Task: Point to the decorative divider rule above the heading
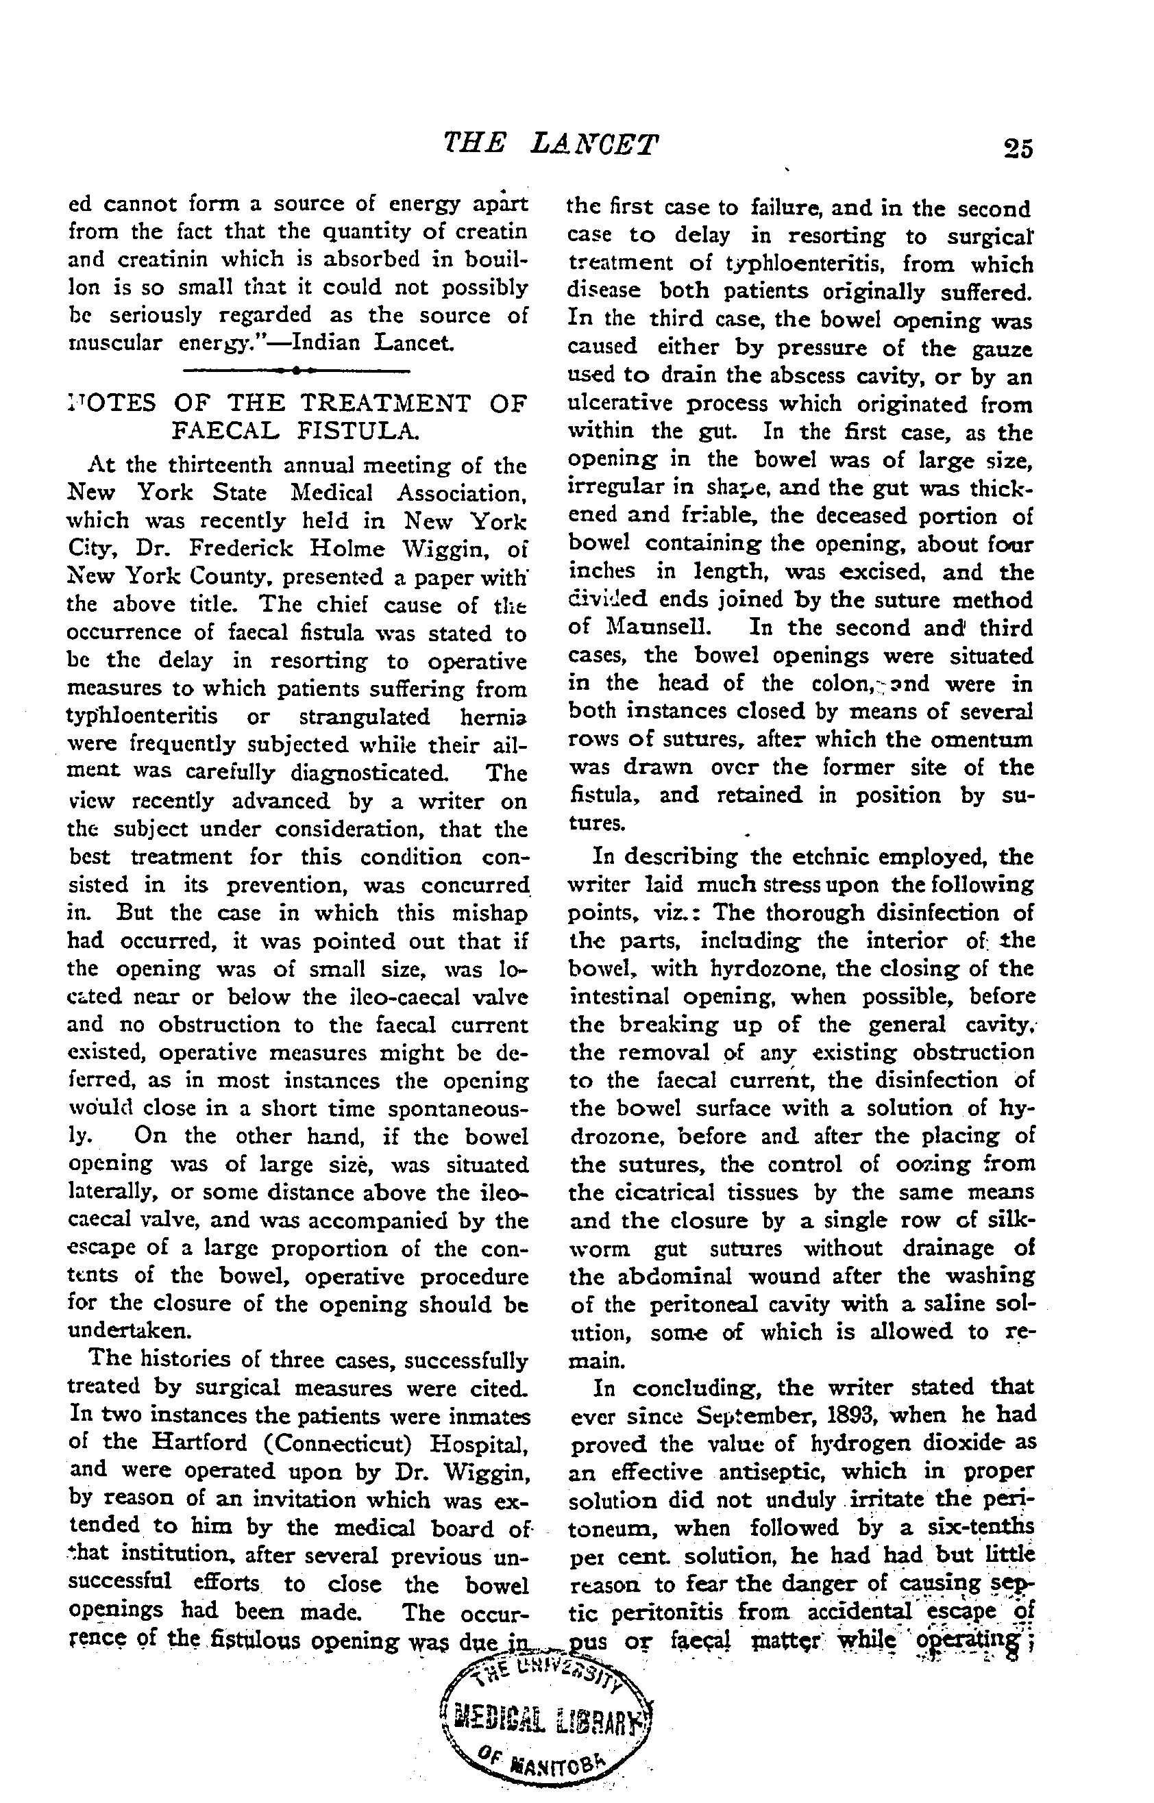click(296, 370)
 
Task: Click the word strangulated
click(365, 717)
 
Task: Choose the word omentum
click(980, 739)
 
